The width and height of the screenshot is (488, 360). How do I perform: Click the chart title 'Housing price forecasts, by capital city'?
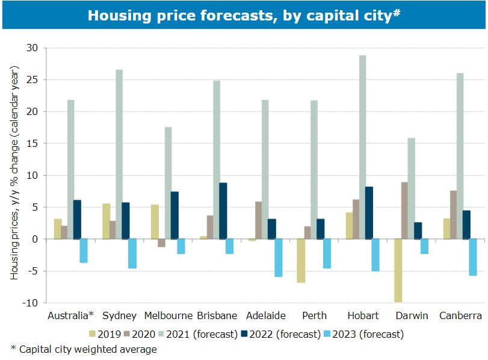click(244, 15)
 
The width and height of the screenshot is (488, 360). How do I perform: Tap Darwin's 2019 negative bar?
click(397, 270)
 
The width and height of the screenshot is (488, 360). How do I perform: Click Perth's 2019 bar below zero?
click(301, 261)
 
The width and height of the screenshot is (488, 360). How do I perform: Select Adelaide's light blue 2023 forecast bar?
click(278, 258)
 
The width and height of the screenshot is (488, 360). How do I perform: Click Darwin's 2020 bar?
click(404, 211)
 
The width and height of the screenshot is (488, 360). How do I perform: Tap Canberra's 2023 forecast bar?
click(473, 257)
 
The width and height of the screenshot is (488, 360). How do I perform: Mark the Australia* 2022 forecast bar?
click(77, 219)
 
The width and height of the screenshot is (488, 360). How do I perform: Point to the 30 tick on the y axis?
click(32, 48)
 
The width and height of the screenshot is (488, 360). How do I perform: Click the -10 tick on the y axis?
click(29, 303)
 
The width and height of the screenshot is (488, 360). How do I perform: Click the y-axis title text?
click(15, 175)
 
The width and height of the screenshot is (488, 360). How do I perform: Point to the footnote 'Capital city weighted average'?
click(84, 349)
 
